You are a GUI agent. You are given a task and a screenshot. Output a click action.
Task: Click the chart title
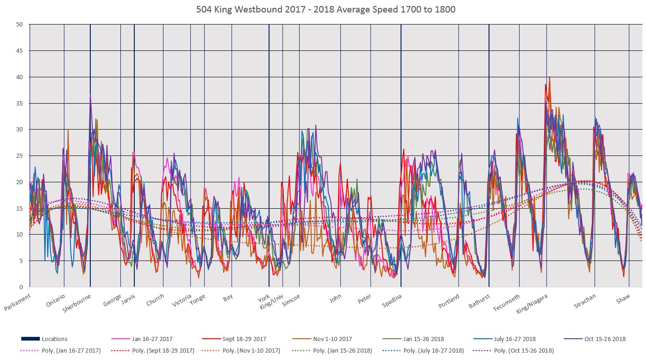323,9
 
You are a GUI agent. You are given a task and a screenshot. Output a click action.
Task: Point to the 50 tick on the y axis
20,25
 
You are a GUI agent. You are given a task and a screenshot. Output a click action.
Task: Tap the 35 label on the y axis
20,103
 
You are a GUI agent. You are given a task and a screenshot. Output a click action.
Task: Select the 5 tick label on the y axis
21,261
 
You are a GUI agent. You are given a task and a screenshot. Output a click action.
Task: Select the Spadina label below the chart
392,302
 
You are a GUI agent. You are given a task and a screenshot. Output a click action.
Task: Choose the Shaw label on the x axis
623,300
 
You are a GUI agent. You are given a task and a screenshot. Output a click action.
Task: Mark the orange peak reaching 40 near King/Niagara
550,78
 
